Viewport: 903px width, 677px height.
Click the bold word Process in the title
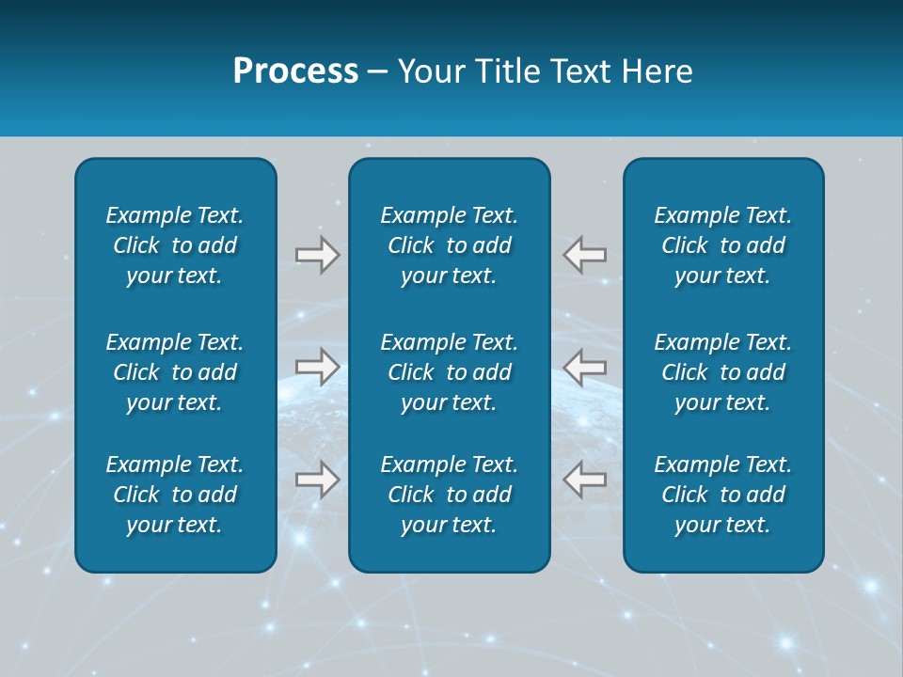(x=295, y=71)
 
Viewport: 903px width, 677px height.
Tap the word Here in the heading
(x=657, y=71)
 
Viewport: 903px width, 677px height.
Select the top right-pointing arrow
(x=318, y=255)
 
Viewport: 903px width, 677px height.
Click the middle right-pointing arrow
(x=318, y=367)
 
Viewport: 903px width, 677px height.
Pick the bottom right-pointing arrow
(x=318, y=480)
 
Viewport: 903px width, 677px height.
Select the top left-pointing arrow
(x=585, y=255)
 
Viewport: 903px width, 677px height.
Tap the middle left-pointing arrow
(x=585, y=367)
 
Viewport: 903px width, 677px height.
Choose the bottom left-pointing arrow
(x=585, y=480)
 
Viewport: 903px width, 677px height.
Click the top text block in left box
(x=175, y=245)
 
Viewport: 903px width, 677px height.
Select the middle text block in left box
(x=175, y=372)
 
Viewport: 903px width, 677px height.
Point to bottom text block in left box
(x=175, y=495)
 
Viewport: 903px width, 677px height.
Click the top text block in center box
(x=449, y=245)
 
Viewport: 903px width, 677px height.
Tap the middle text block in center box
(x=449, y=372)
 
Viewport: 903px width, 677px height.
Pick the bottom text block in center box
(x=449, y=495)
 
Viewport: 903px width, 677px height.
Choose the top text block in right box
(x=723, y=245)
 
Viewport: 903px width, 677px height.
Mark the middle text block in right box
(x=723, y=372)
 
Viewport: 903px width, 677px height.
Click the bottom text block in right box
(x=723, y=495)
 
